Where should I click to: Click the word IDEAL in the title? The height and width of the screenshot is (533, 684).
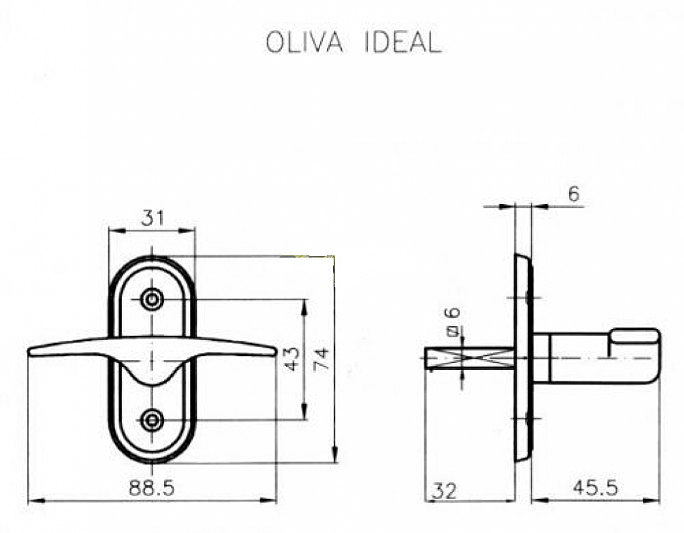pos(402,43)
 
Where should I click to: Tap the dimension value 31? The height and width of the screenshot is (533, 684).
pos(152,219)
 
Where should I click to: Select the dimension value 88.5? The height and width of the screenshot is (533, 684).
pos(152,488)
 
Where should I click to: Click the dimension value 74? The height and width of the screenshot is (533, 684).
pos(322,359)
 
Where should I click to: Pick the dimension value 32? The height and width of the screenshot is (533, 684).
pos(444,491)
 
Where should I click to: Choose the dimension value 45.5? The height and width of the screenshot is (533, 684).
pos(595,489)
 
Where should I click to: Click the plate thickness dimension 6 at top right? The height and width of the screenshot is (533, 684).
pos(573,195)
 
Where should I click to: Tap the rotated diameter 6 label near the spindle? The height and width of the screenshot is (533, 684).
pos(453,323)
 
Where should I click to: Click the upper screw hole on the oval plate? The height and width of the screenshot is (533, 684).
pos(152,300)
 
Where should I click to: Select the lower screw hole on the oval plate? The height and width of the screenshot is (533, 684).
pos(152,420)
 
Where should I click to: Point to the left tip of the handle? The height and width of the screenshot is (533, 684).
pos(30,352)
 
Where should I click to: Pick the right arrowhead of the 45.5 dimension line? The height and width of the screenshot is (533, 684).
pos(655,500)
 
